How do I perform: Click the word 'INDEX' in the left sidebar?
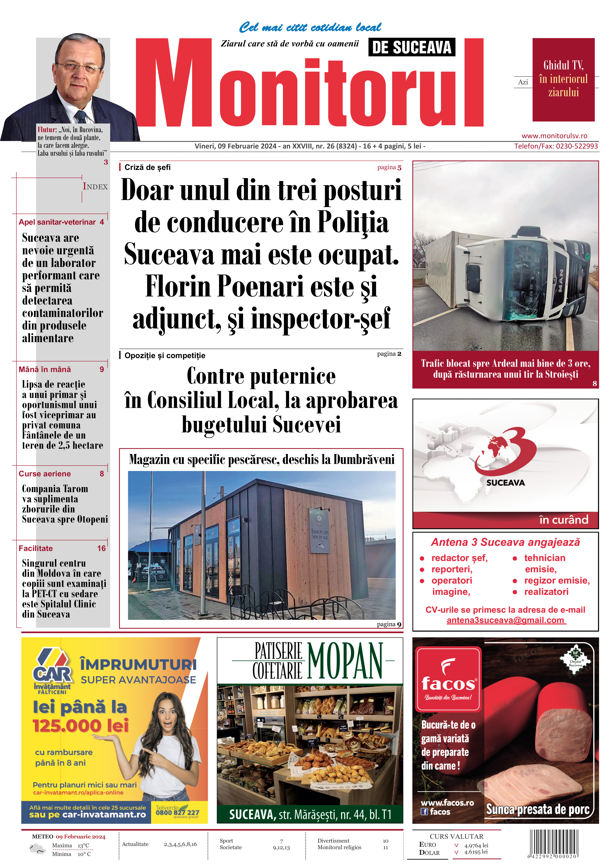95,187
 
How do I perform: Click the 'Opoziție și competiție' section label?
165,356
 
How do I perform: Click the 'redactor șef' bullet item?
459,558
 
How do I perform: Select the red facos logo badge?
448,679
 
